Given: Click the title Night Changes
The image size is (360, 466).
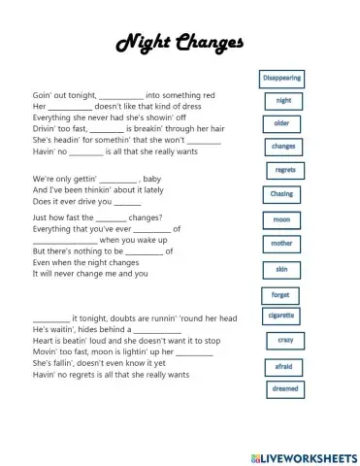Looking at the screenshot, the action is coord(180,44).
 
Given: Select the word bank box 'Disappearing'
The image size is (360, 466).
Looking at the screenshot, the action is coord(282,77).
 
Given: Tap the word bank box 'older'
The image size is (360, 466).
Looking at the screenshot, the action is coord(281,123).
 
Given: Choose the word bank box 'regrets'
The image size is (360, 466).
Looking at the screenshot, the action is coord(285,170).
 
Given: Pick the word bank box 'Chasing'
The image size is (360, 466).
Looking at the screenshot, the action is coord(281,194).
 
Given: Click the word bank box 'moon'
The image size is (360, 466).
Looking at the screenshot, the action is coord(280,219).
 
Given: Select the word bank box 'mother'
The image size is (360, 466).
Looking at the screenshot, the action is coord(281,243).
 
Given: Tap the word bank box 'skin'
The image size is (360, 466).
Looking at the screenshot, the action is coord(281,268).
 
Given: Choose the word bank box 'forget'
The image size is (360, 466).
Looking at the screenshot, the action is coord(280,294).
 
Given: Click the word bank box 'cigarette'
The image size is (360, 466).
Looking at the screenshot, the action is coord(281,316).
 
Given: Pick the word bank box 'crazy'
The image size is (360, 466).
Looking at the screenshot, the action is coord(285,340).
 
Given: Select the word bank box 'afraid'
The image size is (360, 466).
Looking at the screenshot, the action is coord(281,366).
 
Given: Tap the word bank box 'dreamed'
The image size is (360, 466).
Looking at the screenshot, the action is coord(285,389).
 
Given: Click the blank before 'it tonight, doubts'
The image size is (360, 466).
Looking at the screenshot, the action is coord(50,318).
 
